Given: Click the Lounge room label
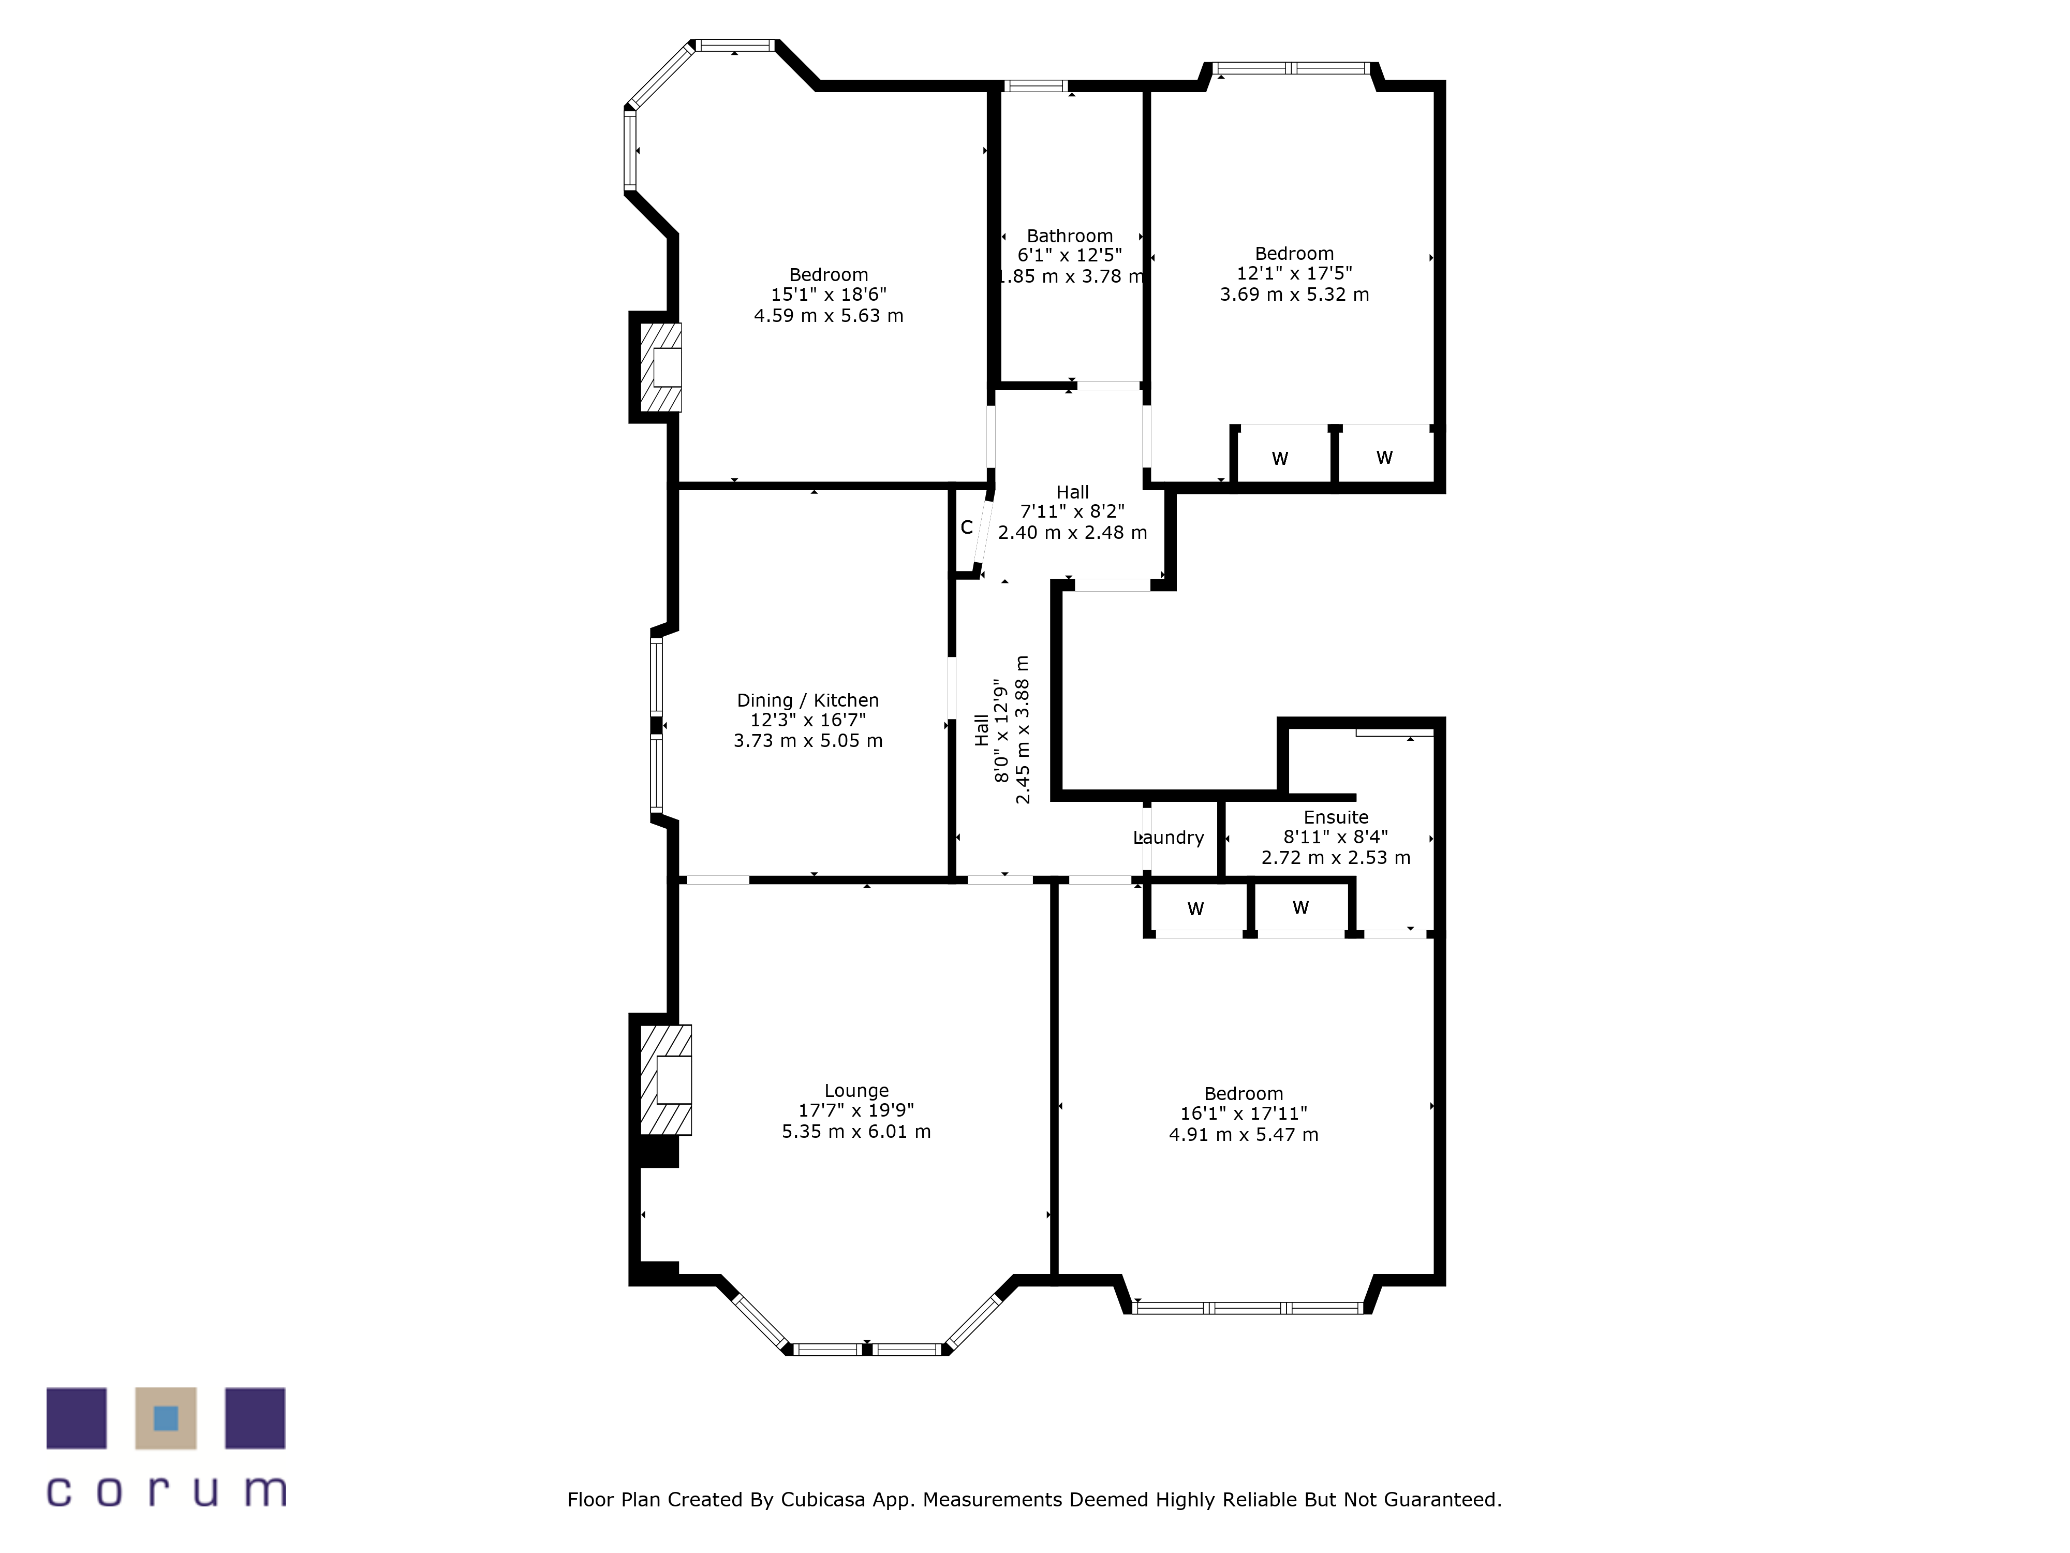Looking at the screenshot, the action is pos(856,1091).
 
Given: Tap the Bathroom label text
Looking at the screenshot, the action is pos(1070,236).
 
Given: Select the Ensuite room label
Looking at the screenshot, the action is pos(1335,817).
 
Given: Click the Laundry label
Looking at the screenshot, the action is pos(1169,838).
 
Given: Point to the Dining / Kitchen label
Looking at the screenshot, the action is pos(808,700).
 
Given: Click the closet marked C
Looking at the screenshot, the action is pos(967,527).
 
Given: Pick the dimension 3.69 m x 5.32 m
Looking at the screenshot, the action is pos(1294,294).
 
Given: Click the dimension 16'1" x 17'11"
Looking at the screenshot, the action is pos(1244,1113).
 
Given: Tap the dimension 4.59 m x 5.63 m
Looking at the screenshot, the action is pos(828,315).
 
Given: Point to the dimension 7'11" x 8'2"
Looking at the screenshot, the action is pos(1072,511).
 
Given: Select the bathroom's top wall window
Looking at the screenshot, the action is pos(1036,86).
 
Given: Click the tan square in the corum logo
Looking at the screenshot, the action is pos(166,1418).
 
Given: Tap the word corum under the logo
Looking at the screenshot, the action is pos(167,1491).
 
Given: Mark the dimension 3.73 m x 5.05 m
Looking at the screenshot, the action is pos(808,740).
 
